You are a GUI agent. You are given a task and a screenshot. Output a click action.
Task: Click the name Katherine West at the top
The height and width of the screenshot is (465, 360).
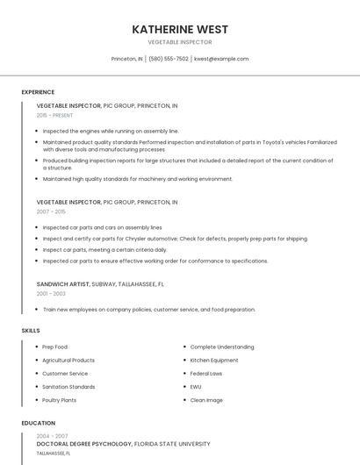pyautogui.click(x=179, y=28)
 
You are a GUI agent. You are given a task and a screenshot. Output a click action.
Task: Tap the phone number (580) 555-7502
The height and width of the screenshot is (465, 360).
pyautogui.click(x=169, y=59)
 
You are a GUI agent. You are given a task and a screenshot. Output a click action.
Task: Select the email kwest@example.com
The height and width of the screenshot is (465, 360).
pyautogui.click(x=221, y=59)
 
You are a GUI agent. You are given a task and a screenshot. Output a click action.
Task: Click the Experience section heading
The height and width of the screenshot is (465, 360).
pyautogui.click(x=38, y=91)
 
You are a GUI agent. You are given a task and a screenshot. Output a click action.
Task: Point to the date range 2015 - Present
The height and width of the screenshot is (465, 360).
pyautogui.click(x=54, y=115)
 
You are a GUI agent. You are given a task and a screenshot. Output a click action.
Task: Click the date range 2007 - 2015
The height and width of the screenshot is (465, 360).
pyautogui.click(x=51, y=211)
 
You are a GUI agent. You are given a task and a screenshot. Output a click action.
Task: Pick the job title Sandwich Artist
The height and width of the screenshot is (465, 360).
pyautogui.click(x=68, y=284)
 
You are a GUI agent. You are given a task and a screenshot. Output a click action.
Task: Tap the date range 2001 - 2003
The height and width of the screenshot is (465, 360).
pyautogui.click(x=51, y=294)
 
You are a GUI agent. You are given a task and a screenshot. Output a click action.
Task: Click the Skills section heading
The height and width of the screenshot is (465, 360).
pyautogui.click(x=30, y=330)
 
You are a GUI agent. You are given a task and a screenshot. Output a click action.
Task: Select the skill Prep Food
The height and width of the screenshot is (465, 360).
pyautogui.click(x=54, y=347)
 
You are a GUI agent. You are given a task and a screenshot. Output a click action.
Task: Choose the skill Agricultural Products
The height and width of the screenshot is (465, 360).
pyautogui.click(x=68, y=360)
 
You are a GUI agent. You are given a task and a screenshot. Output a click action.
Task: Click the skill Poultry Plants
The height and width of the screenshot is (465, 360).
pyautogui.click(x=59, y=400)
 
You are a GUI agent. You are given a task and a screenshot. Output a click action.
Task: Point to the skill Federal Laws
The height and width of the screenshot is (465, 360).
pyautogui.click(x=205, y=373)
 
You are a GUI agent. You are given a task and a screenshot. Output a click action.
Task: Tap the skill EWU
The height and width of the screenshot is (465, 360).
pyautogui.click(x=195, y=386)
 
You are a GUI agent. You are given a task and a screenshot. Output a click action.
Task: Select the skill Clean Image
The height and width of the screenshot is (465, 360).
pyautogui.click(x=206, y=400)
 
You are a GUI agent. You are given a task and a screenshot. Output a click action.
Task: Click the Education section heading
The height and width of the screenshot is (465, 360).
pyautogui.click(x=37, y=423)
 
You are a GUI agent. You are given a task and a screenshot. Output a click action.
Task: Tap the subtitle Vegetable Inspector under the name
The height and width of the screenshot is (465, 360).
pyautogui.click(x=179, y=41)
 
